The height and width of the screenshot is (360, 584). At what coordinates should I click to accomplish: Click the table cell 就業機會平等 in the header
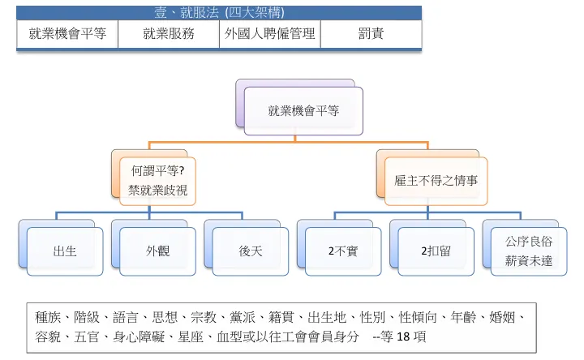point(67,34)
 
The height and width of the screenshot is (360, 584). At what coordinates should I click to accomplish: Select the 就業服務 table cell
point(169,34)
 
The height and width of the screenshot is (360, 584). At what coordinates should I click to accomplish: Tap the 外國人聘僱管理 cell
point(269,34)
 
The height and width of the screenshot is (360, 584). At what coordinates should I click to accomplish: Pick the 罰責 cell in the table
point(371,34)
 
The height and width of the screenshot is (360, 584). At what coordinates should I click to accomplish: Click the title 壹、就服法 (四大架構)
point(218,13)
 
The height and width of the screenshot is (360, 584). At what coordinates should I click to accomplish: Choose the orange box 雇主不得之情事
point(431,180)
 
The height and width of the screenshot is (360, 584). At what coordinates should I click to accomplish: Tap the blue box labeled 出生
point(64,251)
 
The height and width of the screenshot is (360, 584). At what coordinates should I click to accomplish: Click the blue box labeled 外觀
point(157,251)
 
